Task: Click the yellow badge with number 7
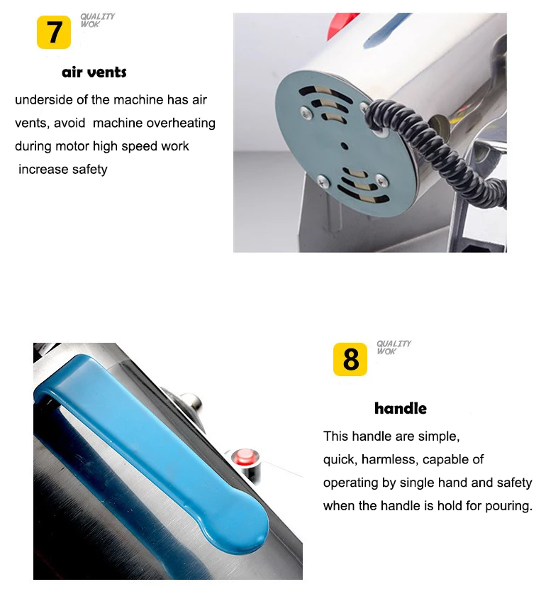tap(54, 32)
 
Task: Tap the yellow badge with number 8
tap(350, 359)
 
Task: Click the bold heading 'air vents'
tap(94, 72)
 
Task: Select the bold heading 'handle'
tap(401, 408)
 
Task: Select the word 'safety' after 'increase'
tap(90, 170)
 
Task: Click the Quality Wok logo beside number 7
tap(97, 20)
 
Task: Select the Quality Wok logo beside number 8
tap(394, 347)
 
